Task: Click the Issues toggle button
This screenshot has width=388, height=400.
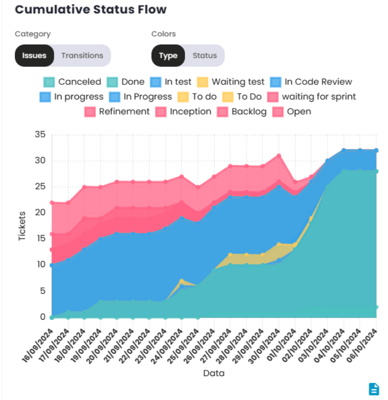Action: [34, 55]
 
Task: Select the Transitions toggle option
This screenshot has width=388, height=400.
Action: [82, 55]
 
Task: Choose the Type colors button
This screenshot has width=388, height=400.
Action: [168, 55]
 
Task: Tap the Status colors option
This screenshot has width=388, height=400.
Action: [205, 55]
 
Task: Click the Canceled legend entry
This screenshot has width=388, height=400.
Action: [72, 82]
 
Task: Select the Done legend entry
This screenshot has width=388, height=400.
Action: [126, 82]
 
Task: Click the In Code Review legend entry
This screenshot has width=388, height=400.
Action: [311, 82]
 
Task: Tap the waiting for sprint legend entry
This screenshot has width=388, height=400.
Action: [312, 97]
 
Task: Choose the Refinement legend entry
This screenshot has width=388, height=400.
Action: [117, 112]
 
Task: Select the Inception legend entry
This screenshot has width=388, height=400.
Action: [184, 112]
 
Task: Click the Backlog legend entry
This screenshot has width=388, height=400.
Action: [242, 112]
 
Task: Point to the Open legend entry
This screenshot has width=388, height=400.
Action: [292, 112]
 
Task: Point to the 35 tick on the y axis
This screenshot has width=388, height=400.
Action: [40, 134]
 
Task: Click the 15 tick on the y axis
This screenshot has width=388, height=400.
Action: [40, 239]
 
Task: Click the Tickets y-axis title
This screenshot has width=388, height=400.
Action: [22, 226]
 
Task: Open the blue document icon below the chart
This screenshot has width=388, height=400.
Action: [374, 389]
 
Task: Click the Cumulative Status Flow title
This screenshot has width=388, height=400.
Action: [90, 10]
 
